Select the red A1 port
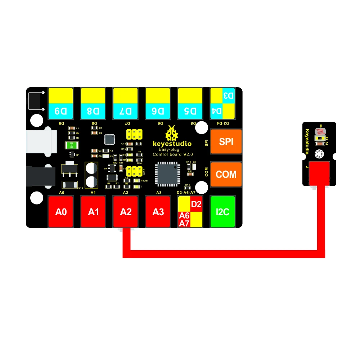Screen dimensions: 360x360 coord(93,212)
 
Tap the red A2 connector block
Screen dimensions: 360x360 coord(125,212)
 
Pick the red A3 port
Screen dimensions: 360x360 coord(158,212)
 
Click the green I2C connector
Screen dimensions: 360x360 coord(222,212)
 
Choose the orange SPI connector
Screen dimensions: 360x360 coord(226,142)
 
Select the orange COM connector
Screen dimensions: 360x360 coord(226,174)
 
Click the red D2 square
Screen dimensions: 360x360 coord(197,204)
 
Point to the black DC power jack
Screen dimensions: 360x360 coord(40,175)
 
